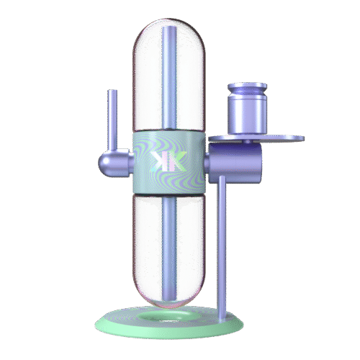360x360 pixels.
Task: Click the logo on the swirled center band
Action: coord(169,161)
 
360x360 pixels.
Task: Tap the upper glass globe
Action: coord(169,75)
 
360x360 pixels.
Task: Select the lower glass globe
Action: coord(169,250)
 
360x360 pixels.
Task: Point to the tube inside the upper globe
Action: coord(169,78)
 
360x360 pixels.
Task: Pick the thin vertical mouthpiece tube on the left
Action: coord(112,120)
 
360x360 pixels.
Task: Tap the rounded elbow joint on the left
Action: coord(115,163)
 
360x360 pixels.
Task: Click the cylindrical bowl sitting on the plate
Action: coord(247,109)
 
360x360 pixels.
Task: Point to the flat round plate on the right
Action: coord(256,138)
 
